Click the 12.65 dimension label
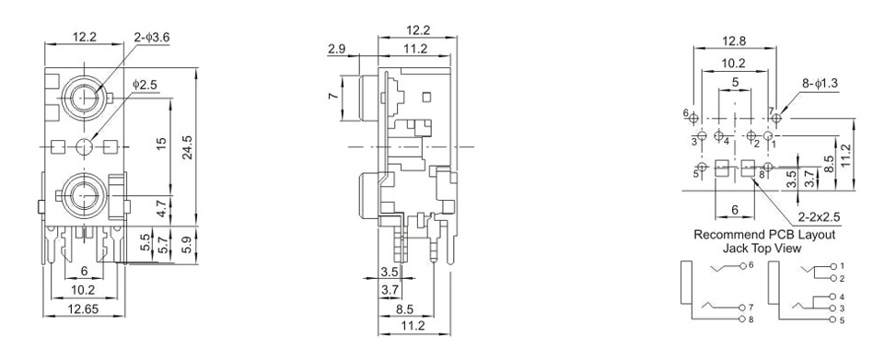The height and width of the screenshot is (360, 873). click(84, 308)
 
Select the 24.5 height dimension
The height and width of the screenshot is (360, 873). click(187, 147)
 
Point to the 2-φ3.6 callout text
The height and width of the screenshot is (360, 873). click(152, 37)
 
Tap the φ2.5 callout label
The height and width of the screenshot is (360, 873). click(145, 85)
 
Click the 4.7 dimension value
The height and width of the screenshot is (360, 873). click(161, 212)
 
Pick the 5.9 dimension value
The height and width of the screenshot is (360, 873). click(188, 244)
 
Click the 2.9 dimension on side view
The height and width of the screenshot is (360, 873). click(337, 49)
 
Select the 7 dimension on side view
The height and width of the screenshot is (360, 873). click(333, 97)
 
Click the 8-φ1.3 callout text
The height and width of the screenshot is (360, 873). click(820, 84)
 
